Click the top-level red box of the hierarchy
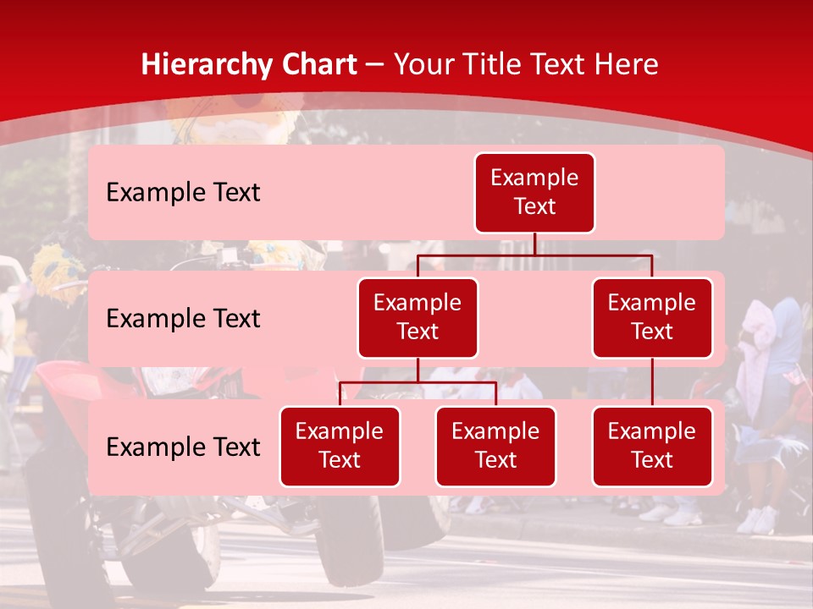534,193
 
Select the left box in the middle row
418,318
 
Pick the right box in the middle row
652,318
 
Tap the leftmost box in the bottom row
340,447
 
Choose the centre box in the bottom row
495,447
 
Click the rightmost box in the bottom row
652,447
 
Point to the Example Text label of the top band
183,193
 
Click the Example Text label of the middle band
183,319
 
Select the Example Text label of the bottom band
183,447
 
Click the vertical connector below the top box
534,244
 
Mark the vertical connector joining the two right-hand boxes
652,382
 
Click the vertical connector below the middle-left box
418,370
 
